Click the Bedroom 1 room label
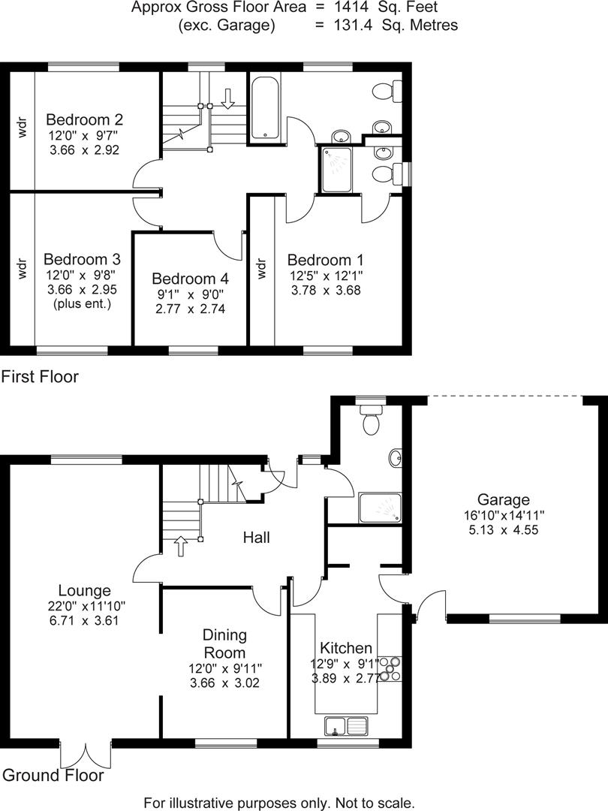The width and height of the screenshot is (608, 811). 326,260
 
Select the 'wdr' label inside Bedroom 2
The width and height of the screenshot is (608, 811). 22,129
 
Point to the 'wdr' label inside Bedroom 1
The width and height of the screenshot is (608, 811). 261,268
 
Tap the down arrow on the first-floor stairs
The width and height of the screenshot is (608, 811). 228,97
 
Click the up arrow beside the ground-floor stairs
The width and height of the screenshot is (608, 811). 181,545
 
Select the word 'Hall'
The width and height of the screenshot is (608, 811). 256,537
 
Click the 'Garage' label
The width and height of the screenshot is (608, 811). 503,499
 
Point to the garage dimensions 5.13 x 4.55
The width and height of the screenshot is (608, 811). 503,529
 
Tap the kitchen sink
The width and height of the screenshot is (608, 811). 346,726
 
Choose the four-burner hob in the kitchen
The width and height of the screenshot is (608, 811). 390,668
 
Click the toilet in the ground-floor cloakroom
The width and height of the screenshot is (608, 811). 370,420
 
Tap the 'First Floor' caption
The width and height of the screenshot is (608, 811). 40,377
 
